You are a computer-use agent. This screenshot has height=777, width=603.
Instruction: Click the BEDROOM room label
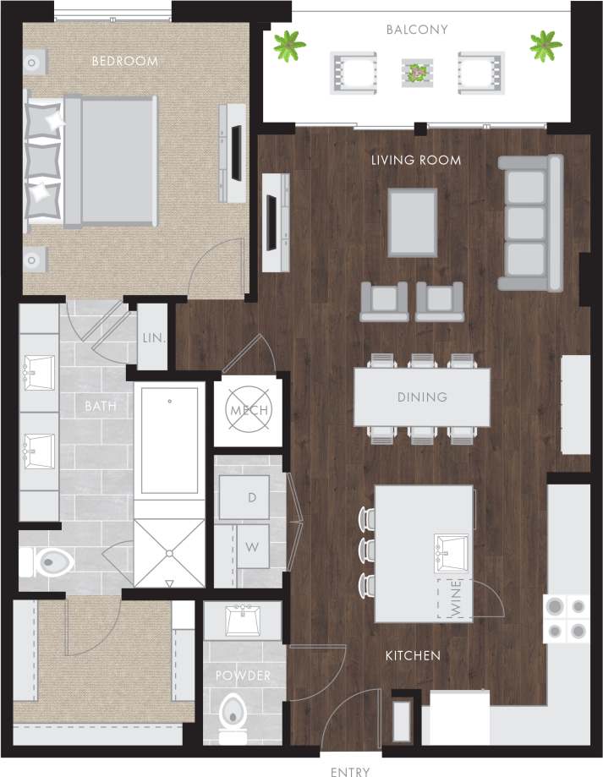124,61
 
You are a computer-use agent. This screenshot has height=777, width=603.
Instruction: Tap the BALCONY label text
417,30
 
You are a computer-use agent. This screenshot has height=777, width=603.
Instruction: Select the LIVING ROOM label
416,160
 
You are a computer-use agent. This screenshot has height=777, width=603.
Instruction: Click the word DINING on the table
422,397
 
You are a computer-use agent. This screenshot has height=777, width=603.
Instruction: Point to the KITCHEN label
413,655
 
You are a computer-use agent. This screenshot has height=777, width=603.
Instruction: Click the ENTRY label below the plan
350,771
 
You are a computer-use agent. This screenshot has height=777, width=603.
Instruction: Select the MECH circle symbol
249,411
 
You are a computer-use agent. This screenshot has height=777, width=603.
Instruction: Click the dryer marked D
251,497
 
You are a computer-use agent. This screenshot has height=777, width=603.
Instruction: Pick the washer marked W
251,547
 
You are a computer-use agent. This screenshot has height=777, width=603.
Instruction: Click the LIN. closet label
152,337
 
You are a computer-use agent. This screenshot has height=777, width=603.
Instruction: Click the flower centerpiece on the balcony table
415,74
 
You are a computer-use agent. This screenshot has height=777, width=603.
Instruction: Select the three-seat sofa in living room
529,222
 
